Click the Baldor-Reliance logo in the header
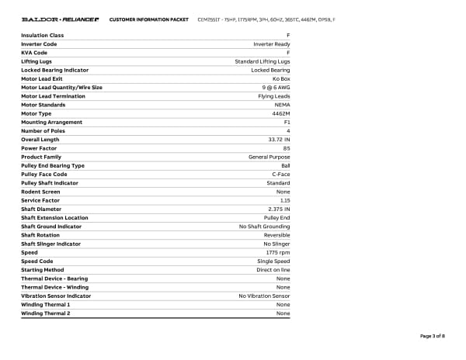pyautogui.click(x=60, y=19)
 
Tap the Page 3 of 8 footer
pyautogui.click(x=432, y=336)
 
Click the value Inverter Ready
pyautogui.click(x=272, y=44)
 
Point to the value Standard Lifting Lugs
pyautogui.click(x=263, y=61)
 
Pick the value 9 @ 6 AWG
pyautogui.click(x=275, y=88)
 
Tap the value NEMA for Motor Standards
pyautogui.click(x=282, y=105)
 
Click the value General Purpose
pyautogui.click(x=270, y=157)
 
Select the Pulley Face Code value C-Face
pyautogui.click(x=281, y=175)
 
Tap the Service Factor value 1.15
pyautogui.click(x=285, y=200)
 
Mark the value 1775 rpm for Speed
pyautogui.click(x=278, y=252)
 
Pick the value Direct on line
pyautogui.click(x=273, y=270)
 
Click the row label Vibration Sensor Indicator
pyautogui.click(x=56, y=296)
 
